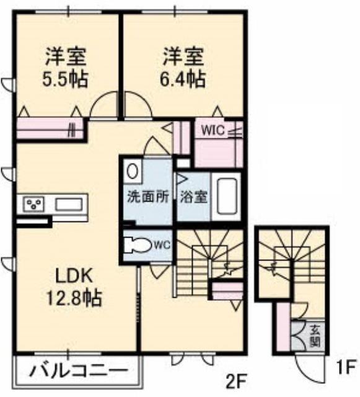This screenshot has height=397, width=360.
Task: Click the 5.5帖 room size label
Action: click(x=65, y=79)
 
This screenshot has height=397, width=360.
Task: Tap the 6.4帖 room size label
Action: click(x=183, y=79)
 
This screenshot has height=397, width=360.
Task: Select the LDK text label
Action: click(x=73, y=276)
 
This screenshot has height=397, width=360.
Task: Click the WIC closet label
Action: click(x=213, y=130)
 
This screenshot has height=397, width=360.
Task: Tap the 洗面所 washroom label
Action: click(x=147, y=197)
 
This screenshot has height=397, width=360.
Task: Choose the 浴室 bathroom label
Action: click(x=194, y=197)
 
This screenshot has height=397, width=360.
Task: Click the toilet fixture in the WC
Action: click(x=138, y=245)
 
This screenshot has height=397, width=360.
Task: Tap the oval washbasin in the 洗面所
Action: click(x=132, y=171)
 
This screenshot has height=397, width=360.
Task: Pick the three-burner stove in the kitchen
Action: click(x=33, y=204)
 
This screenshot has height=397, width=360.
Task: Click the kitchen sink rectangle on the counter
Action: click(x=69, y=204)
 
